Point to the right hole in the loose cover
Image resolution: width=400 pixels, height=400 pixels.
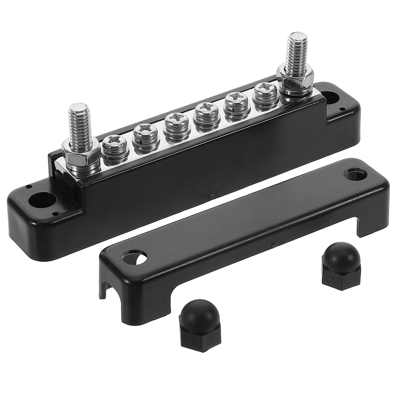tap(353, 174)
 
